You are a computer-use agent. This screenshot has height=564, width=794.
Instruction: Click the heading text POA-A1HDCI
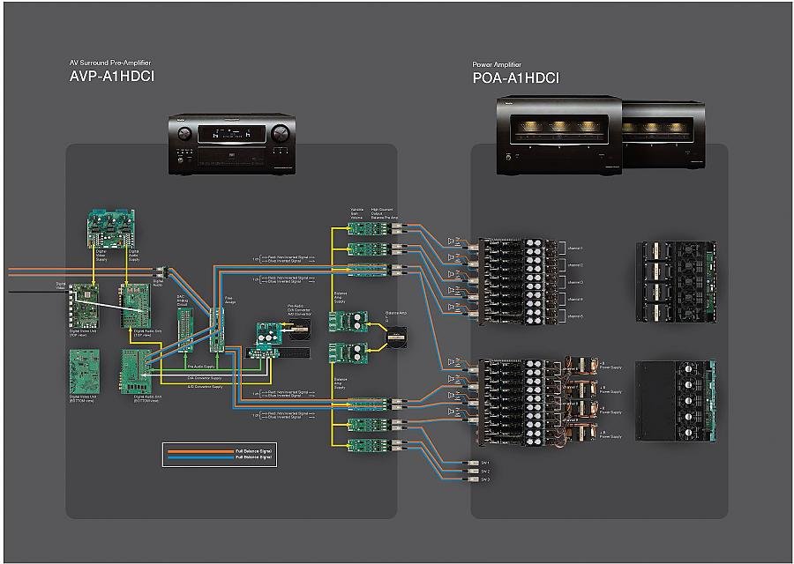[x=515, y=78]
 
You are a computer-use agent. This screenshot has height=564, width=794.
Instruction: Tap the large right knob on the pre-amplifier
[x=280, y=135]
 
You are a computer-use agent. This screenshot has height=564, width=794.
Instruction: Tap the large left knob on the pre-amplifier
[x=184, y=134]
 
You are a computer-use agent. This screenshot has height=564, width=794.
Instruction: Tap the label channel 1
[x=573, y=249]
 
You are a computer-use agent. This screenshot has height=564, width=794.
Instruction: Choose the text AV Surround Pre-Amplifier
[x=111, y=63]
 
